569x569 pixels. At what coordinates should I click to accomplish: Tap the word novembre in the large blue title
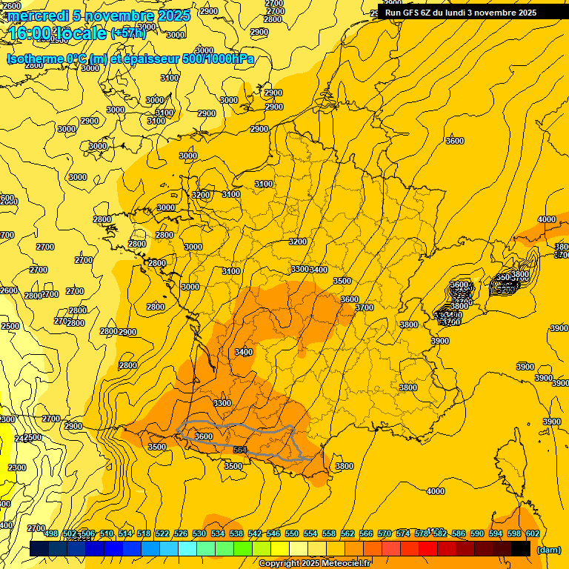[x=113, y=16]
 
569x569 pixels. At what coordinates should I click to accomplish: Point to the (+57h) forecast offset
[x=128, y=33]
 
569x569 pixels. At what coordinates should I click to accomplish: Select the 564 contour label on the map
[x=240, y=450]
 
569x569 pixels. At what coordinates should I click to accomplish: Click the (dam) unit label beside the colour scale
[x=548, y=549]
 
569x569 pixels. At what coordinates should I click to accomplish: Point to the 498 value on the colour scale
[x=51, y=533]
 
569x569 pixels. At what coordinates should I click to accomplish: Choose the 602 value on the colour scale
[x=532, y=533]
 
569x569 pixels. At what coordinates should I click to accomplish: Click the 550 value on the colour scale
[x=292, y=533]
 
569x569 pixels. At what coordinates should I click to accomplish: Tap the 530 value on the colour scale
[x=199, y=533]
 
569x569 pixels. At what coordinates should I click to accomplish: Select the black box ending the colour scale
[x=521, y=549]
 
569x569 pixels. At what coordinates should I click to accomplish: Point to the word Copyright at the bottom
[x=278, y=564]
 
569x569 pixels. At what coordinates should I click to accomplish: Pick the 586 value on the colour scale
[x=459, y=533]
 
